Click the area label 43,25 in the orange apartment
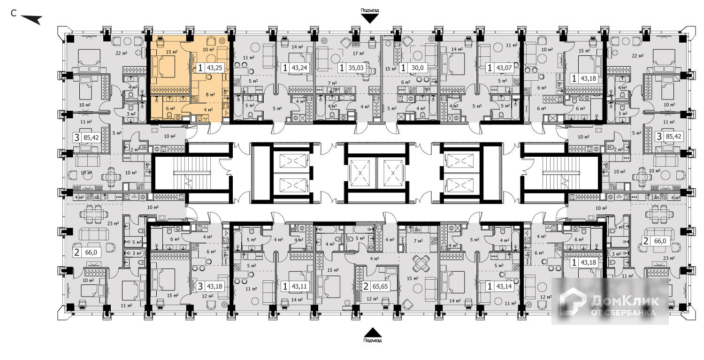[215, 68]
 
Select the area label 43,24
[299, 68]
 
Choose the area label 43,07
[502, 68]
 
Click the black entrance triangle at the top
[370, 18]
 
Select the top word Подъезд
[370, 10]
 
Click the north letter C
[14, 13]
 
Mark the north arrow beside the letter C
[32, 19]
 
